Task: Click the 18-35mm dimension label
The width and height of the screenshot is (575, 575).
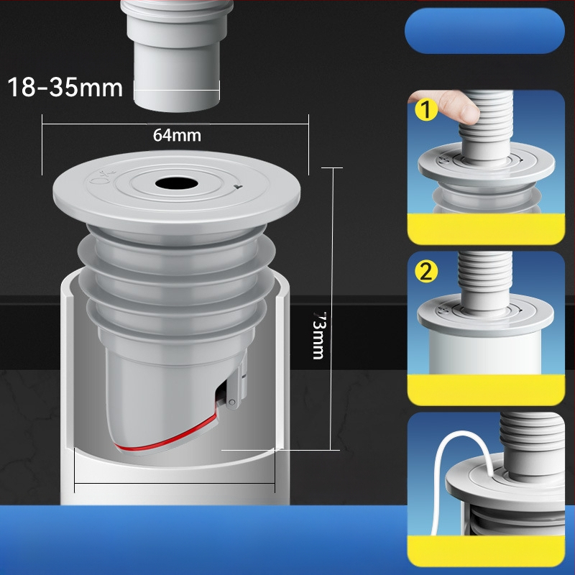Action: [65, 87]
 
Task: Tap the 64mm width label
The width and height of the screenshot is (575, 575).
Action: [177, 135]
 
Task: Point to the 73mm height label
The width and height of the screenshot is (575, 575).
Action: [319, 335]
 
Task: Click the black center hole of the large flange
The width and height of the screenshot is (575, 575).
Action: [176, 183]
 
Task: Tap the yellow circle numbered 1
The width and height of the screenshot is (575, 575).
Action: [425, 110]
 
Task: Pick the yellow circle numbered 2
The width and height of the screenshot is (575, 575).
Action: [426, 272]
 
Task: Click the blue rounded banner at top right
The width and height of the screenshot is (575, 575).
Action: [484, 31]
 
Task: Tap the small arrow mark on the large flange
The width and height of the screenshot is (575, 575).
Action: [238, 187]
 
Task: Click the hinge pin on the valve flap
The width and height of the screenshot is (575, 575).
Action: [231, 402]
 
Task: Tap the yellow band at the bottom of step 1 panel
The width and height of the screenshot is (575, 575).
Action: [486, 229]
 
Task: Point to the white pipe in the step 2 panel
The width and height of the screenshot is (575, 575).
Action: [484, 353]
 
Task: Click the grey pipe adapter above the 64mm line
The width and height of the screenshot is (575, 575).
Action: [177, 55]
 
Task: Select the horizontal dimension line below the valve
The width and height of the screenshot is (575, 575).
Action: [175, 483]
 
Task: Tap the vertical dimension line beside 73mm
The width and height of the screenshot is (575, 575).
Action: [333, 309]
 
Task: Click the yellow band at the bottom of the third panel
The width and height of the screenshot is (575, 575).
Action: [486, 551]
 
